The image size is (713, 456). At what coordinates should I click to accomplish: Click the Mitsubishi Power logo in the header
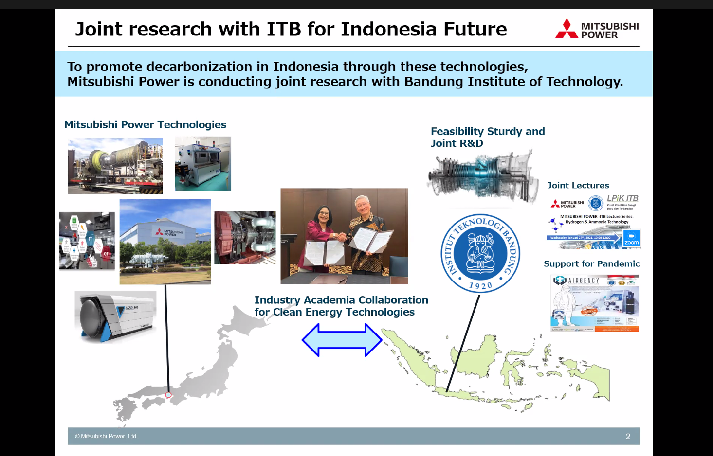(597, 30)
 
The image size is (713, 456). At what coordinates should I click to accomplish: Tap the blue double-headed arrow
(342, 340)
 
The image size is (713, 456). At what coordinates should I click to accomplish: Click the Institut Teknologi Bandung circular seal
(480, 253)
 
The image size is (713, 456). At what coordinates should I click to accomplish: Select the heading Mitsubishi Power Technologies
(145, 125)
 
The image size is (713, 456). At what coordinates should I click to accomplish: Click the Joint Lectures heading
(578, 185)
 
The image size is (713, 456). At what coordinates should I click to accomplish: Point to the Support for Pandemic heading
(591, 263)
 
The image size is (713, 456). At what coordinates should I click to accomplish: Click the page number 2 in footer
(628, 437)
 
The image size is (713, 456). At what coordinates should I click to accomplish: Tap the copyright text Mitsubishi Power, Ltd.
(106, 437)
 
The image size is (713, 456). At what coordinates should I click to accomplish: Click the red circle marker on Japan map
(168, 395)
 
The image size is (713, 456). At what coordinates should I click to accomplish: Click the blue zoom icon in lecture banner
(631, 238)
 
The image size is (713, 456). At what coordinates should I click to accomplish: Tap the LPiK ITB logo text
(622, 198)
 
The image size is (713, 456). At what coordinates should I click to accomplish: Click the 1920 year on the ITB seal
(480, 286)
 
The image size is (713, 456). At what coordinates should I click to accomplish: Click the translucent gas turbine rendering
(482, 175)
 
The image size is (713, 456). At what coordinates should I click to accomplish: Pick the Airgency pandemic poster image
(595, 303)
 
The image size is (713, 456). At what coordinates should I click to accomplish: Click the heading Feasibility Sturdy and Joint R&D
(487, 137)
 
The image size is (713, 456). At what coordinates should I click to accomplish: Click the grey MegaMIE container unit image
(116, 316)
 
